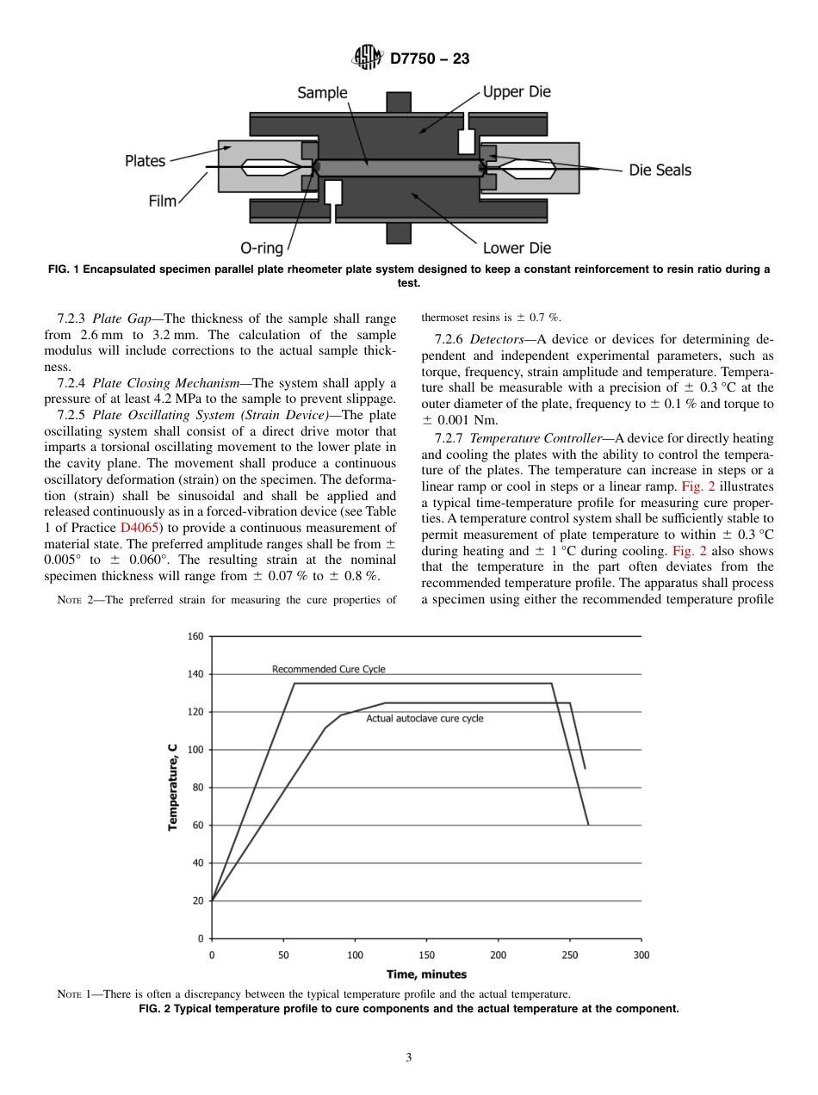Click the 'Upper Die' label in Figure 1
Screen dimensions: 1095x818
[x=516, y=92]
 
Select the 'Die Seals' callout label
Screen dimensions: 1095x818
[x=660, y=170]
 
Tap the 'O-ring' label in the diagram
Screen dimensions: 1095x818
[x=262, y=248]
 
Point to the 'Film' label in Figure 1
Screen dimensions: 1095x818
[x=162, y=201]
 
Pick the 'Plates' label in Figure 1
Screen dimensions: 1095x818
[x=145, y=161]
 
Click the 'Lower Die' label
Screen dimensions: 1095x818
[x=517, y=248]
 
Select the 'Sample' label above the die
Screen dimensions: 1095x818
[x=322, y=93]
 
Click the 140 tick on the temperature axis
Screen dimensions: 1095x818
[x=195, y=674]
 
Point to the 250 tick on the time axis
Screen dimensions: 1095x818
[x=570, y=955]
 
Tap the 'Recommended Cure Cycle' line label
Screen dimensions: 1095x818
[x=328, y=669]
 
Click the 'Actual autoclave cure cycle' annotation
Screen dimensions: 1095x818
[x=424, y=718]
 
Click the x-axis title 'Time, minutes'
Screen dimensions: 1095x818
[x=426, y=974]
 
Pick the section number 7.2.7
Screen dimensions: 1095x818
[x=451, y=438]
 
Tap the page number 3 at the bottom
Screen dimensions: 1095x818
[x=409, y=1057]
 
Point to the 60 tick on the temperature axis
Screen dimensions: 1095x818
[x=197, y=825]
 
